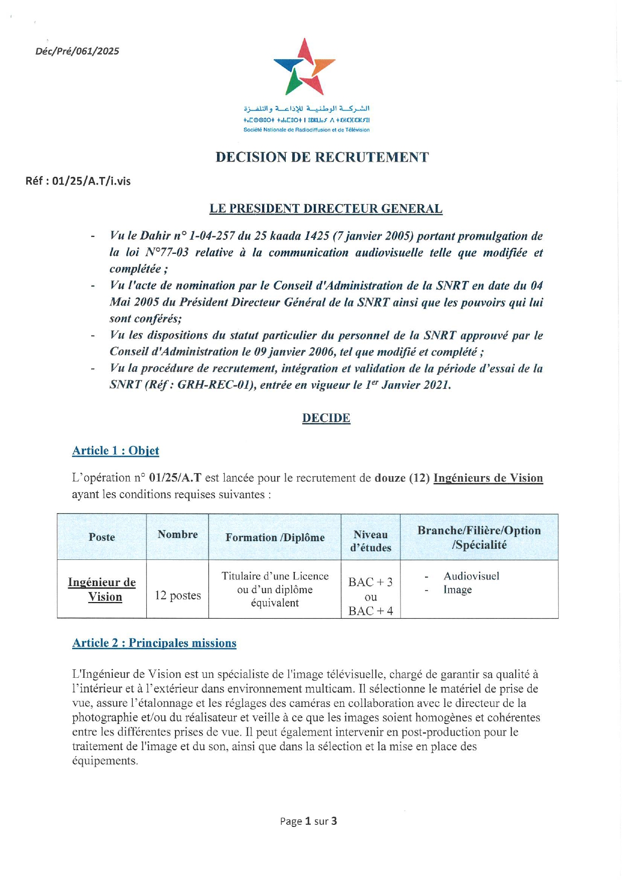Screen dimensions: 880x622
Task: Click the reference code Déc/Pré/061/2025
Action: point(77,51)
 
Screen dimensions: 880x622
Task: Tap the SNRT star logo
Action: point(304,67)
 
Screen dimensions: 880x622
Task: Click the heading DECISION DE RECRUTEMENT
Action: point(322,158)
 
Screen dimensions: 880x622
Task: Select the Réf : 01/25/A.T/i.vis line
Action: point(78,181)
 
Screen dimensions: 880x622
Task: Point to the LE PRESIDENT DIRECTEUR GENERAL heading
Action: point(326,209)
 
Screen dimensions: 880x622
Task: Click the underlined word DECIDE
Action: point(326,418)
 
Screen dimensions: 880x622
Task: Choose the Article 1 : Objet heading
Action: point(116,451)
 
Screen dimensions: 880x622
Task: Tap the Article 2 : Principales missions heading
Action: point(154,643)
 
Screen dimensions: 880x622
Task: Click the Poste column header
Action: point(102,537)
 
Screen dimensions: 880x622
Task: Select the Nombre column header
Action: point(177,534)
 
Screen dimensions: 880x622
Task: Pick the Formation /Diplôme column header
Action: point(275,537)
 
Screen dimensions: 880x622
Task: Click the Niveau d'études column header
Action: point(370,541)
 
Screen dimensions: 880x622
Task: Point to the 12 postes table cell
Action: point(177,596)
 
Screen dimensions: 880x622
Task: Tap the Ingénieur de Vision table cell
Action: point(102,590)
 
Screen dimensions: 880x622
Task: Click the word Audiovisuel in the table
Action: point(471,576)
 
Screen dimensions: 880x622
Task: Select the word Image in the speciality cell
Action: point(457,590)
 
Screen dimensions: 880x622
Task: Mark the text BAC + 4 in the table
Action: point(370,611)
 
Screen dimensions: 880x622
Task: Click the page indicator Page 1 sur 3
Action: point(308,821)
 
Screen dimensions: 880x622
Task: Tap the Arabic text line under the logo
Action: point(306,108)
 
